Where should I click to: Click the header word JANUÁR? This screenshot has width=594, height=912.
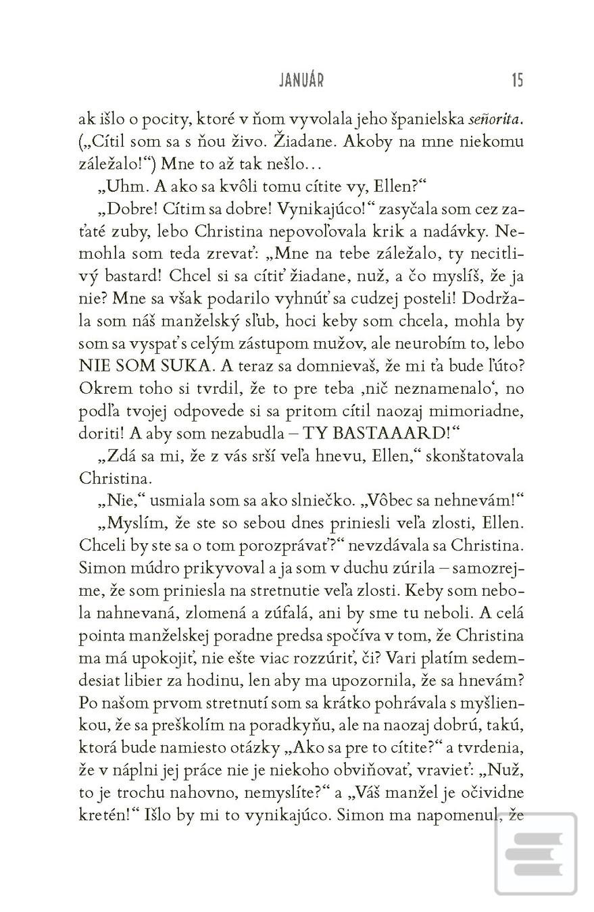[301, 80]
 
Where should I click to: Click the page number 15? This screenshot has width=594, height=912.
[517, 80]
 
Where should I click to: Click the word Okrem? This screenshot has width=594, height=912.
[101, 388]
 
